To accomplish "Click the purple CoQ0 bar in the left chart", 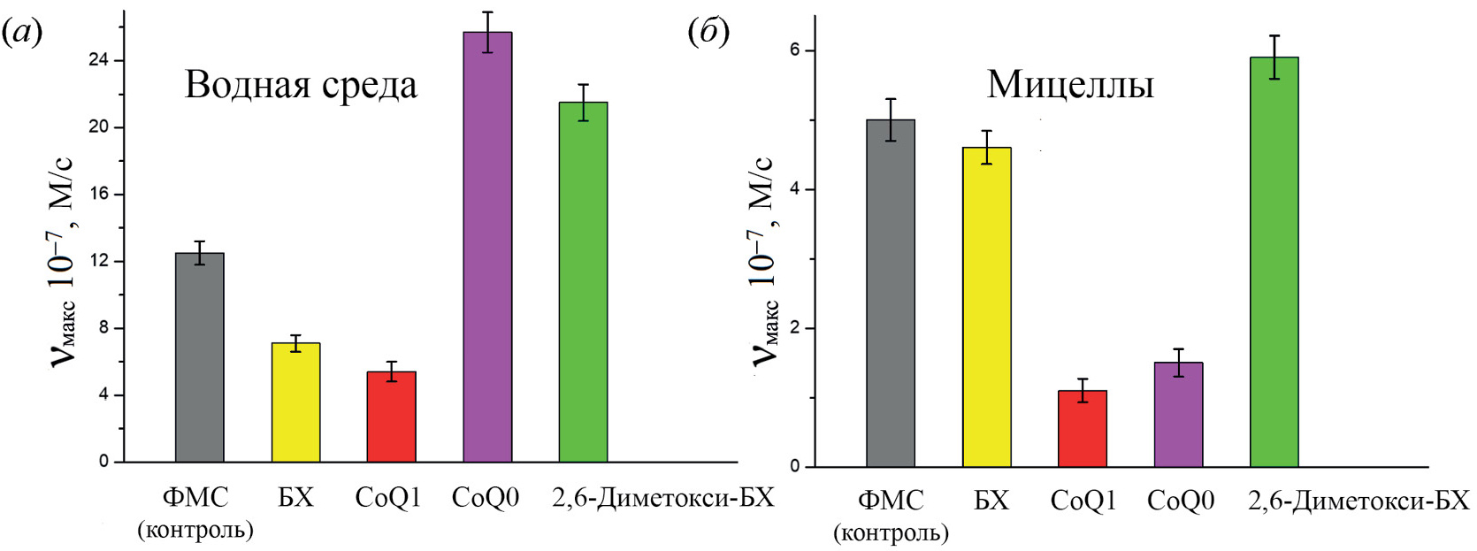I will [x=487, y=247].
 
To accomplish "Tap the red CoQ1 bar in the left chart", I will [x=391, y=417].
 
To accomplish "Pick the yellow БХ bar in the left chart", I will [x=295, y=402].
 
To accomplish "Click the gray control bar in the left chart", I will [x=199, y=357].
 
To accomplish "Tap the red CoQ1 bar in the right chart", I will [x=1082, y=428].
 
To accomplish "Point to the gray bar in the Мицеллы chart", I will [x=891, y=293].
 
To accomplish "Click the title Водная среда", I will [x=301, y=86].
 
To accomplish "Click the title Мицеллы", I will [x=1070, y=86].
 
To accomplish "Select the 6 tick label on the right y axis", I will [x=794, y=50].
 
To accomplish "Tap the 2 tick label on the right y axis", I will [x=794, y=328].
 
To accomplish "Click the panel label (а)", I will [x=22, y=34].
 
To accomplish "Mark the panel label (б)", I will [x=708, y=33].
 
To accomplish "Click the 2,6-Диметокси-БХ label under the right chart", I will [x=1358, y=501].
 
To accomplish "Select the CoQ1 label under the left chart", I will [x=387, y=498].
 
